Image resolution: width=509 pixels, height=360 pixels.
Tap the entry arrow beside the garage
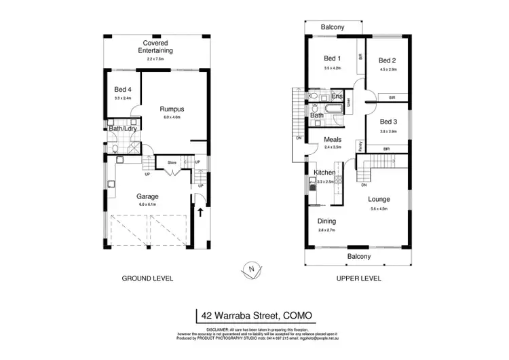201,212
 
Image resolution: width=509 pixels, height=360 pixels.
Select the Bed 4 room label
123,90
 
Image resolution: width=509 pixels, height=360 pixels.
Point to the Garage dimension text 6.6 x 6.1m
147,204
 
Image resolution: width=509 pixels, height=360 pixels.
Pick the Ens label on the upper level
337,96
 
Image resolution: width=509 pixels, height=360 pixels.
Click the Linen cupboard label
349,103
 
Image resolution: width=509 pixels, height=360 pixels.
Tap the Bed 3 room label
387,121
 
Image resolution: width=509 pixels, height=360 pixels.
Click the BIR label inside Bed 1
360,58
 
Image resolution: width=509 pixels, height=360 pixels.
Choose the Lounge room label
379,199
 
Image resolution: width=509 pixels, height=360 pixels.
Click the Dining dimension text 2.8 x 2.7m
328,230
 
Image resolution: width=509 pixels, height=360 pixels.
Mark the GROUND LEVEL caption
147,278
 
